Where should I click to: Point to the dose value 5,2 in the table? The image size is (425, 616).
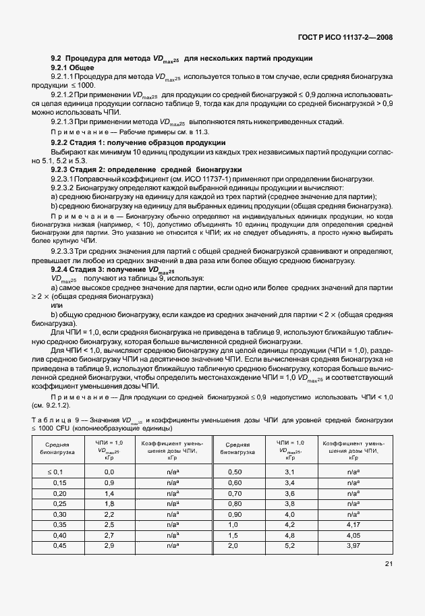coord(291,545)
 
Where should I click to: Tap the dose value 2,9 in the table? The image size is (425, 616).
coord(109,545)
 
